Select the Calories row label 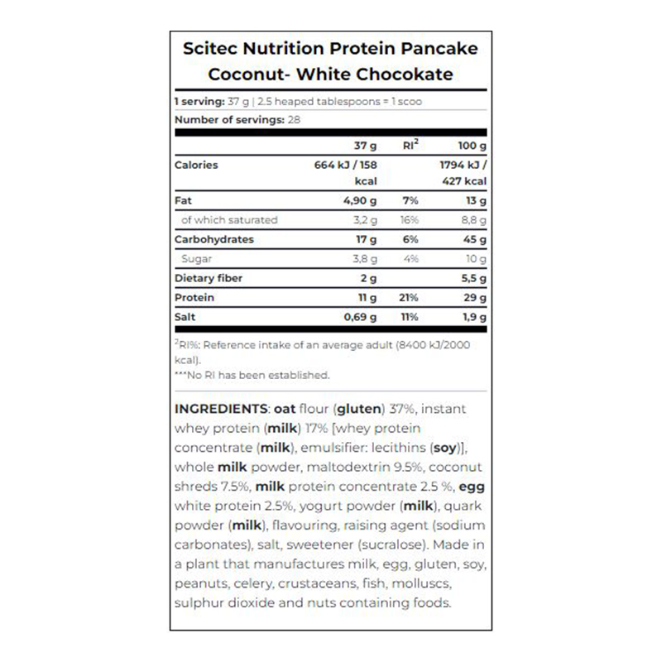coord(196,165)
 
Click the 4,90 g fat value coord(361,201)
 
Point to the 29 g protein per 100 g coord(474,297)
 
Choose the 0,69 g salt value coord(361,317)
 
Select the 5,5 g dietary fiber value coord(472,278)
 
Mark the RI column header coord(410,145)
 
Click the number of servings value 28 coord(293,120)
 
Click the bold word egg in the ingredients coord(473,487)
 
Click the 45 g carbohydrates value coord(474,239)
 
